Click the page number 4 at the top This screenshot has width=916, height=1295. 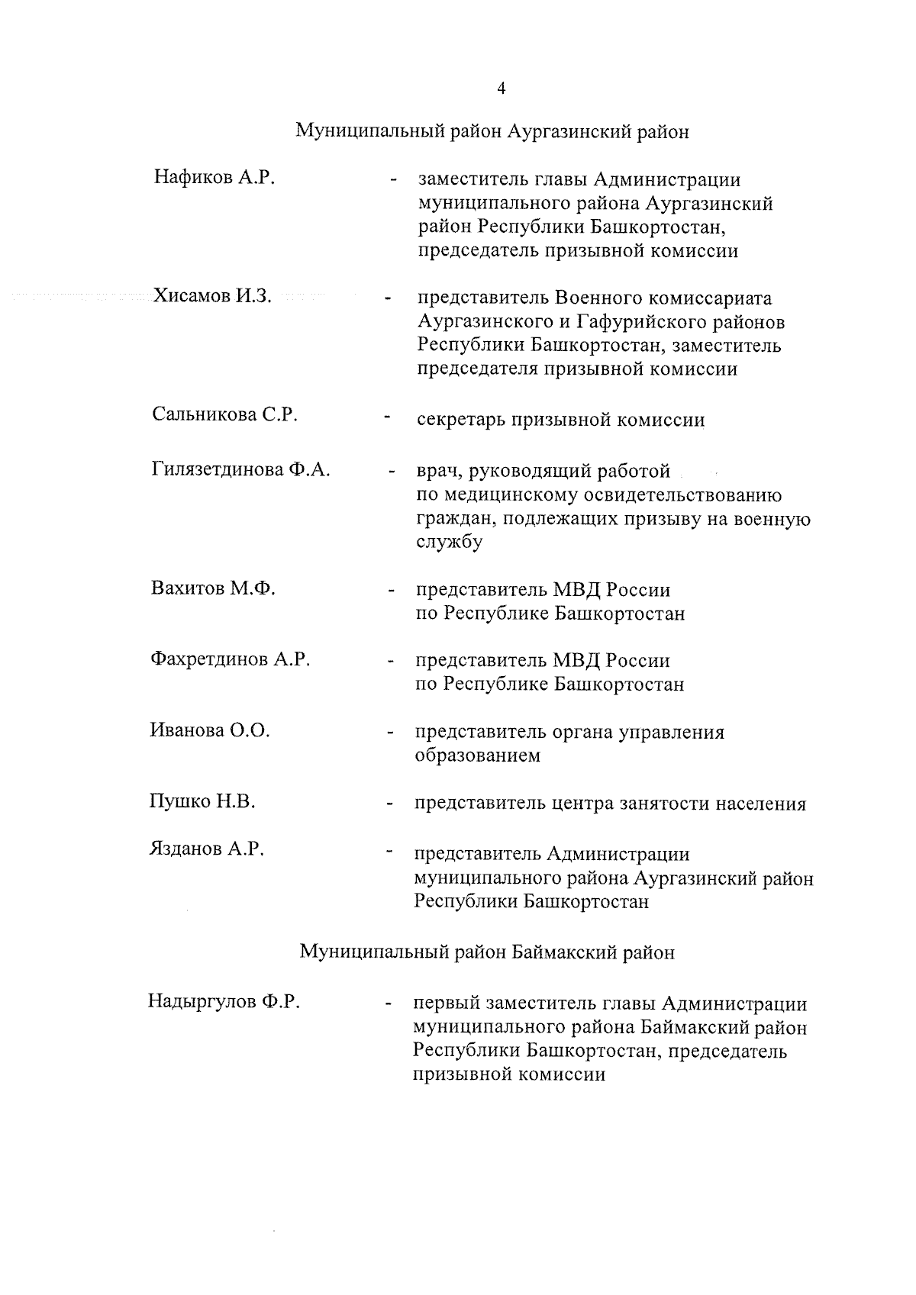pos(501,89)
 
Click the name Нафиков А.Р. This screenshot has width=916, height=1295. pos(214,179)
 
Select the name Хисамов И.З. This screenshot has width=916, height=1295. pos(212,296)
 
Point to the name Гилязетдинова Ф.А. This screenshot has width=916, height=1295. pos(240,470)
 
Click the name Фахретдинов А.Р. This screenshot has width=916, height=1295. pos(230,659)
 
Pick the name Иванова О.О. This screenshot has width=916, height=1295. pos(210,730)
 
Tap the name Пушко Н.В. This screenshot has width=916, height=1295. pos(202,801)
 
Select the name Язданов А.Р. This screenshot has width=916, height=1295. pos(207,849)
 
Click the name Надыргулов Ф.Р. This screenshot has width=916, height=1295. pos(224,1001)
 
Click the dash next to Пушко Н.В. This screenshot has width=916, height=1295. pos(390,804)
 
